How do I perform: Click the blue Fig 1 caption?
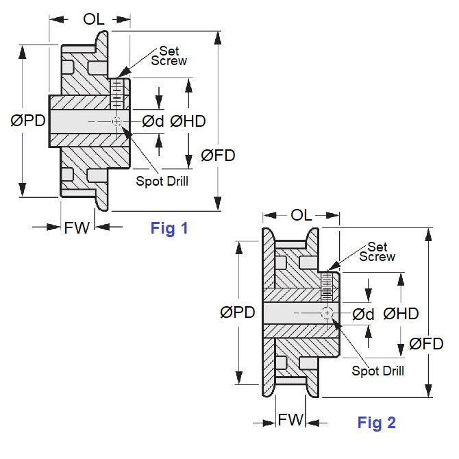tap(169, 229)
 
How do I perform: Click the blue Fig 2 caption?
tap(376, 423)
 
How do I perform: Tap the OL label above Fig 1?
tap(94, 19)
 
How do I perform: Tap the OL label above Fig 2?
tap(302, 214)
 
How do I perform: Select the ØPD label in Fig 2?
tap(238, 313)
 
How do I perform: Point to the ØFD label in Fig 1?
tap(218, 156)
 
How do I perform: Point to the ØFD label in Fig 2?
tap(427, 345)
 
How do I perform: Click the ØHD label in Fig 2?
tap(401, 313)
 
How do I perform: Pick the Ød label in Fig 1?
tap(153, 121)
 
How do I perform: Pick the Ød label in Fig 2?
tap(363, 313)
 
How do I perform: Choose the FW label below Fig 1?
tap(77, 228)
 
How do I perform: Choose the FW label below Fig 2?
tap(290, 419)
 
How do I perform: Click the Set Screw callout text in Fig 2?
tap(377, 251)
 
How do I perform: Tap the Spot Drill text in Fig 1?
tap(162, 181)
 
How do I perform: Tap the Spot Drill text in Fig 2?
tap(377, 371)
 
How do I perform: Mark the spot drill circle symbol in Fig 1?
tap(117, 121)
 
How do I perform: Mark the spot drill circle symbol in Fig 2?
tap(327, 312)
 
